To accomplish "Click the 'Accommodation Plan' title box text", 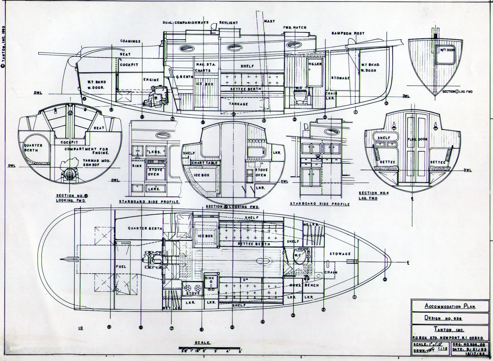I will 450,306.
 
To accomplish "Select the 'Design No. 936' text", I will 443,318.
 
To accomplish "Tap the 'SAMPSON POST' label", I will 348,33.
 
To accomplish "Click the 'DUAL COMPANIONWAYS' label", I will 186,22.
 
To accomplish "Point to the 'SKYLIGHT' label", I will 229,23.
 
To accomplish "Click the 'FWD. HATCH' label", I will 295,28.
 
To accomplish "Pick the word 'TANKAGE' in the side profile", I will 238,104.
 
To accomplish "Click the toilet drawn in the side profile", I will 299,98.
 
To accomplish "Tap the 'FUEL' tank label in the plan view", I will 121,267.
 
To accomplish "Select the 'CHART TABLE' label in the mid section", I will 205,163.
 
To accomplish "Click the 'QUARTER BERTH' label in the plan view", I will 145,228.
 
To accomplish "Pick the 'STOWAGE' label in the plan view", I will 340,254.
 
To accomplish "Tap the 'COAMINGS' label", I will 130,41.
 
